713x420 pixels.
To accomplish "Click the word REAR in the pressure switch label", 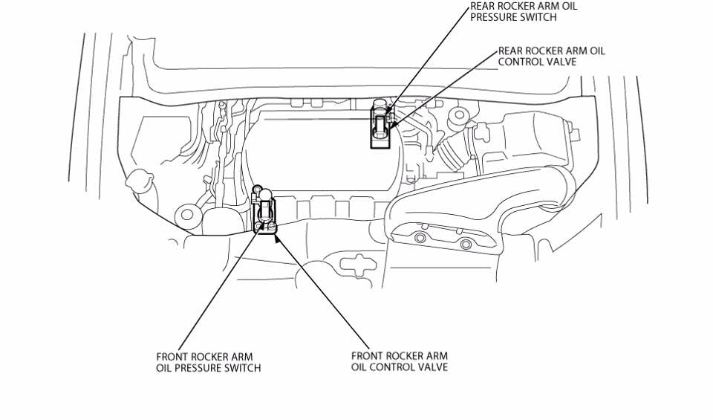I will (483, 6).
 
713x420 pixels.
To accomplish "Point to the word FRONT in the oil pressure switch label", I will (172, 357).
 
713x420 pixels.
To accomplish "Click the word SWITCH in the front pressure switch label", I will (242, 368).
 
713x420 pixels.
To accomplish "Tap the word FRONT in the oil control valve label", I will (368, 357).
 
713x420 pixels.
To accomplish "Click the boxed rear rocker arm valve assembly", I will (380, 127).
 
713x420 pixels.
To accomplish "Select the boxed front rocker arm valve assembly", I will (265, 216).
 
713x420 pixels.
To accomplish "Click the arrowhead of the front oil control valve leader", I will (278, 236).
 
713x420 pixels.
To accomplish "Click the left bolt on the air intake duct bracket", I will (420, 237).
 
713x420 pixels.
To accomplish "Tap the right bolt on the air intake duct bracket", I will (466, 245).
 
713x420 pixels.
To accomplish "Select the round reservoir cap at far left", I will (138, 180).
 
